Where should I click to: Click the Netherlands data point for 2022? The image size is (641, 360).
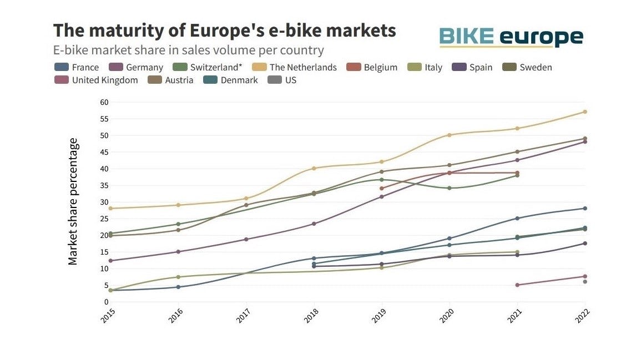[x=585, y=112]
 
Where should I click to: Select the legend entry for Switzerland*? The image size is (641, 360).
[x=211, y=67]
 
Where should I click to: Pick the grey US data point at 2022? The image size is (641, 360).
[x=585, y=282]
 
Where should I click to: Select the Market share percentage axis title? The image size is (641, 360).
[x=73, y=202]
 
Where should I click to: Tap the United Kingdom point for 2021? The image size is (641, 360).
[x=517, y=285]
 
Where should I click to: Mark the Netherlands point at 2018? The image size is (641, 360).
[x=314, y=169]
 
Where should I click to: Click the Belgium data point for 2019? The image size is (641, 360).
[x=381, y=189]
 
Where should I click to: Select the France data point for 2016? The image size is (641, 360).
[x=178, y=287]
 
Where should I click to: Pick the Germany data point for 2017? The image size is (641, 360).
[x=246, y=240]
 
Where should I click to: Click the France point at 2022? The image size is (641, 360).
[x=585, y=209]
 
